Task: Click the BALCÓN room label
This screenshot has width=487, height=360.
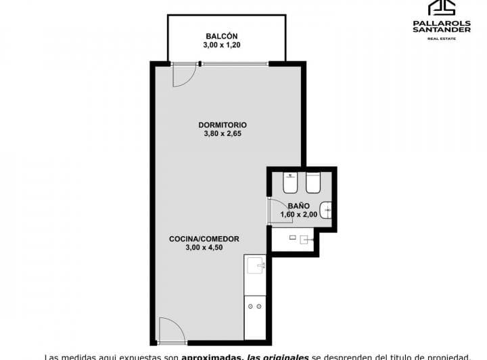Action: [x=222, y=37]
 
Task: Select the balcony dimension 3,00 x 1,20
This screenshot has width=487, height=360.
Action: [x=222, y=45]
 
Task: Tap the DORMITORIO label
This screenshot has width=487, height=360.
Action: [x=223, y=125]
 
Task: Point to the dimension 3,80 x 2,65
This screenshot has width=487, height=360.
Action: [x=223, y=134]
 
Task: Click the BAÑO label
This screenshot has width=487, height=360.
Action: [x=298, y=206]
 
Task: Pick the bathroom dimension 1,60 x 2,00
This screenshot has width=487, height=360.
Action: [x=298, y=215]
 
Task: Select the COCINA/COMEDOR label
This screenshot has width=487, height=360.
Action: [x=204, y=238]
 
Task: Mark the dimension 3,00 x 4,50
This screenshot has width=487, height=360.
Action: [x=204, y=248]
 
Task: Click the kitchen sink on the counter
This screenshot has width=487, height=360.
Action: [x=255, y=265]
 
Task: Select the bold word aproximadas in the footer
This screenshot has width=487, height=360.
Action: [x=207, y=356]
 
